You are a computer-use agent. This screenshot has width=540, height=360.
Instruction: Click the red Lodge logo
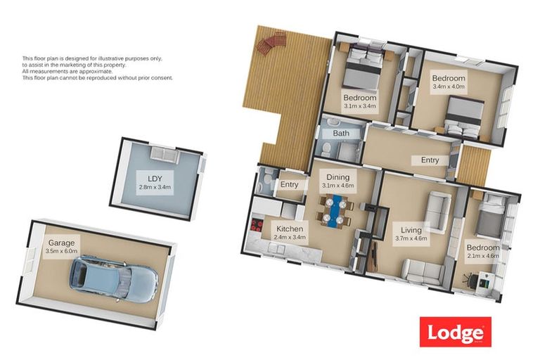[x=455, y=331]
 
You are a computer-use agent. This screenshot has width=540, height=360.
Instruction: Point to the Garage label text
[x=61, y=243]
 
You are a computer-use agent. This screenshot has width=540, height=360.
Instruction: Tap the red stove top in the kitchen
[x=257, y=226]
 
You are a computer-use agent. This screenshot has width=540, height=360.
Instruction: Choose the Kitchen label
[x=290, y=229]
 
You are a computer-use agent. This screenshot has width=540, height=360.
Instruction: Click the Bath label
[x=341, y=133]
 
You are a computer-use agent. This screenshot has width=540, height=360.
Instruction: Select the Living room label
[x=412, y=229]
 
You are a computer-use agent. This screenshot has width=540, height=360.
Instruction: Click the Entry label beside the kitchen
[x=289, y=185]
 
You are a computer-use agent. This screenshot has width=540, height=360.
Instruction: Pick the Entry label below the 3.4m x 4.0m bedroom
[x=430, y=160]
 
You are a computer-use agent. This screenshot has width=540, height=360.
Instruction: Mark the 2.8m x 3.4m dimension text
[x=155, y=187]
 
